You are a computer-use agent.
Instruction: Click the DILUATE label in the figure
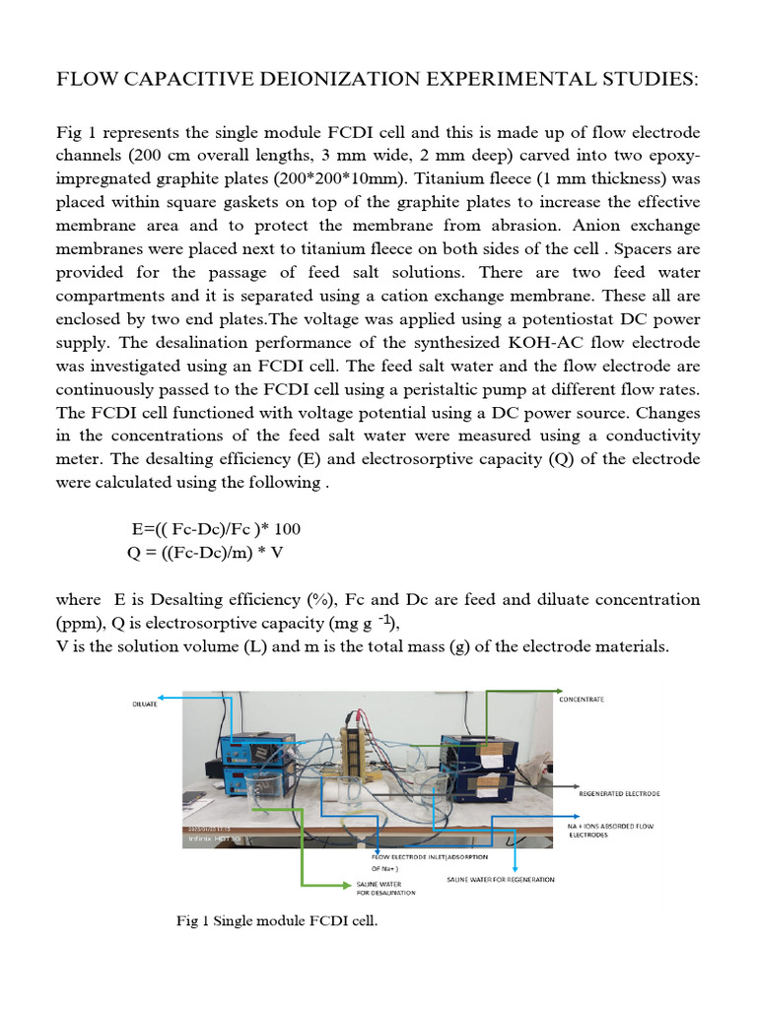(145, 705)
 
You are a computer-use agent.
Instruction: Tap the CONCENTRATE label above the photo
(582, 699)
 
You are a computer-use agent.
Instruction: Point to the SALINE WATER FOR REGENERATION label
(501, 879)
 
